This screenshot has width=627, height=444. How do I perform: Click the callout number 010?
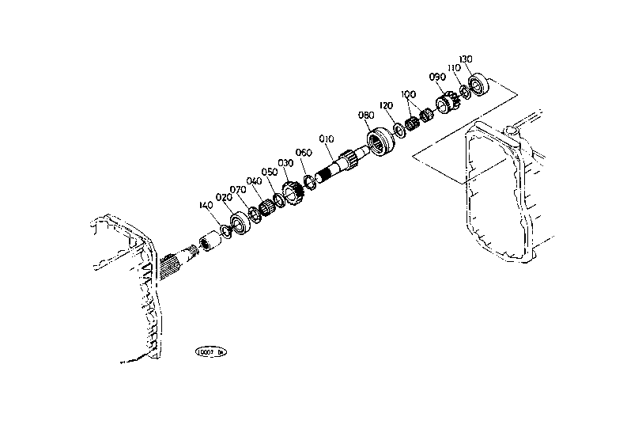pyautogui.click(x=326, y=139)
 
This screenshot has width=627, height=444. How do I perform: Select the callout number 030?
pyautogui.click(x=285, y=163)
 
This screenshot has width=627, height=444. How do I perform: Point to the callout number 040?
pyautogui.click(x=253, y=181)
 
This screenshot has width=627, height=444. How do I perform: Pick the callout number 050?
pyautogui.click(x=269, y=173)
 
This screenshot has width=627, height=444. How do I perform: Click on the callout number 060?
pyautogui.click(x=304, y=154)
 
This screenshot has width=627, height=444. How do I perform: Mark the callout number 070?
pyautogui.click(x=237, y=190)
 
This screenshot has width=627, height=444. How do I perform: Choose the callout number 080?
pyautogui.click(x=365, y=116)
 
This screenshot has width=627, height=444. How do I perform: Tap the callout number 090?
pyautogui.click(x=436, y=78)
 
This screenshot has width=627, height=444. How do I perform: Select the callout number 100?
pyautogui.click(x=409, y=95)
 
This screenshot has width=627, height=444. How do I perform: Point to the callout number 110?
pyautogui.click(x=453, y=69)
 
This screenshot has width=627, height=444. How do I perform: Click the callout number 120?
pyautogui.click(x=387, y=105)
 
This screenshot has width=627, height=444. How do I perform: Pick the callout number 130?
pyautogui.click(x=466, y=59)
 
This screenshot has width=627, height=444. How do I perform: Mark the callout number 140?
pyautogui.click(x=206, y=206)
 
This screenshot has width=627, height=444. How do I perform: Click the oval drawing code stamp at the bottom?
pyautogui.click(x=211, y=351)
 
